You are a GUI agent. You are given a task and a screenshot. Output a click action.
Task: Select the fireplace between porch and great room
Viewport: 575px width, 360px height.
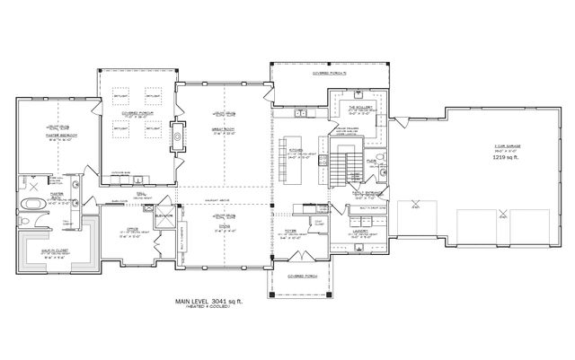tap(178, 138)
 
